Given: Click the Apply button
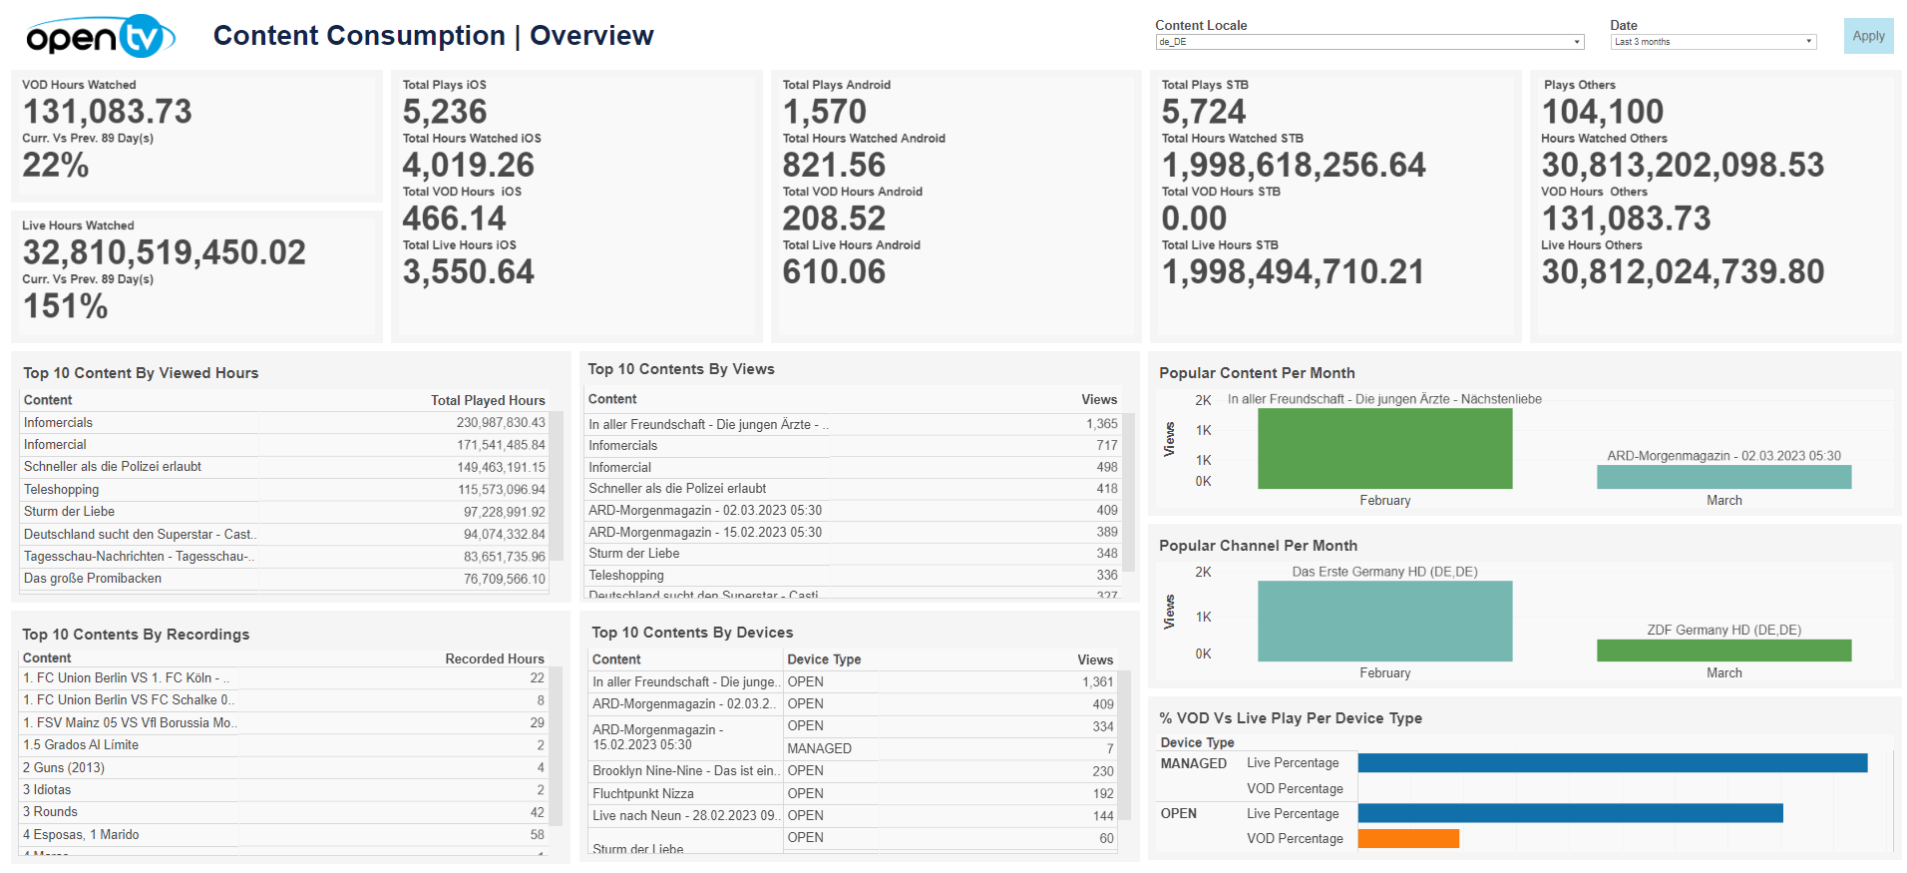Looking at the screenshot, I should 1868,36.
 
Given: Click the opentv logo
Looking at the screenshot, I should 101,37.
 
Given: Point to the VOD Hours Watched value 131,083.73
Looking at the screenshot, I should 108,112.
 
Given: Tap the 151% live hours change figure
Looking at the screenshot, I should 66,306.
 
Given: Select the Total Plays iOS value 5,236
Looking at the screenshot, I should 445,112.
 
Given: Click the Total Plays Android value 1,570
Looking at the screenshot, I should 825,112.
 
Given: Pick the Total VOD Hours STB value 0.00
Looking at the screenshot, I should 1194,218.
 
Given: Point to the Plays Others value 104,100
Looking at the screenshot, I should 1603,112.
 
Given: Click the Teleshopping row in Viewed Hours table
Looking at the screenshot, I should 62,490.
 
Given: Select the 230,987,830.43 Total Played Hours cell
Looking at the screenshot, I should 501,423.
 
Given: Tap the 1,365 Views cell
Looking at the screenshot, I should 1101,424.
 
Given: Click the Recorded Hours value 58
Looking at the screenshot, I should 537,835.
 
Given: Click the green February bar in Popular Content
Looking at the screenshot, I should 1384,449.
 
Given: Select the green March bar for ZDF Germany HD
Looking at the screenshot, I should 1723,651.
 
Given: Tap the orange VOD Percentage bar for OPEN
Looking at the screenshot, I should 1408,839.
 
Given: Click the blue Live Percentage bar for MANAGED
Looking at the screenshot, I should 1612,763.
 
